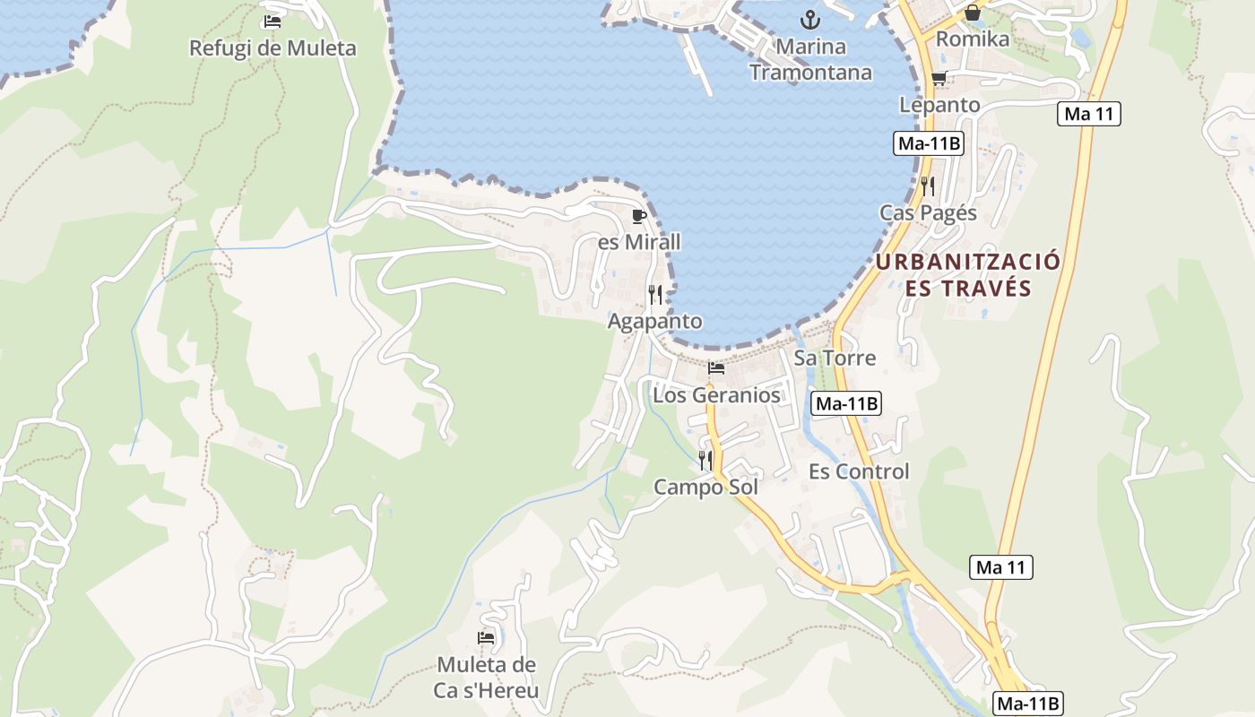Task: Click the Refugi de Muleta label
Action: coord(273,48)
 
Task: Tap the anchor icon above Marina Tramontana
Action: coord(810,19)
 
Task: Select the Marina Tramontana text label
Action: coord(810,59)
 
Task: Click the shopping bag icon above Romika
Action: coord(972,13)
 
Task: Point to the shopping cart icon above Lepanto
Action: coord(939,79)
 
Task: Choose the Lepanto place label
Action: coord(939,105)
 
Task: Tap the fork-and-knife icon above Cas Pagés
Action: coord(928,186)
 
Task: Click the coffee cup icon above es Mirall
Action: coord(639,216)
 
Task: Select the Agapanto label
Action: coord(655,321)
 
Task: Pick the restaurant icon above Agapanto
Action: coord(655,295)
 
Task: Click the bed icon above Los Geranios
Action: coord(715,368)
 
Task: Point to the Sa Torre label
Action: coord(835,358)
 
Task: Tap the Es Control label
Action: coord(859,471)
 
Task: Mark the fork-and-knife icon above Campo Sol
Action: coord(705,461)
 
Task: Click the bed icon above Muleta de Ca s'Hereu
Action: coord(486,638)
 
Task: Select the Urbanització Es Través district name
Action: coord(968,275)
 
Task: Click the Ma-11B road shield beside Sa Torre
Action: coord(846,403)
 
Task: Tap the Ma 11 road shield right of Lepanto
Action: coord(1089,114)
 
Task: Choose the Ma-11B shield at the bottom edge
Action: coord(1028,704)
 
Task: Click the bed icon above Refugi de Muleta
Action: coord(273,22)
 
